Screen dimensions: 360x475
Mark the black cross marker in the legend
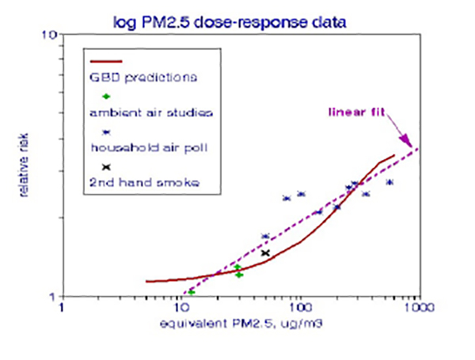[x=106, y=168]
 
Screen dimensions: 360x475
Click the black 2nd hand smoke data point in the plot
[x=266, y=253]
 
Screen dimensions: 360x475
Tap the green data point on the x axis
[x=192, y=293]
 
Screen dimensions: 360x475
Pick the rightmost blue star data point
[x=389, y=182]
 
